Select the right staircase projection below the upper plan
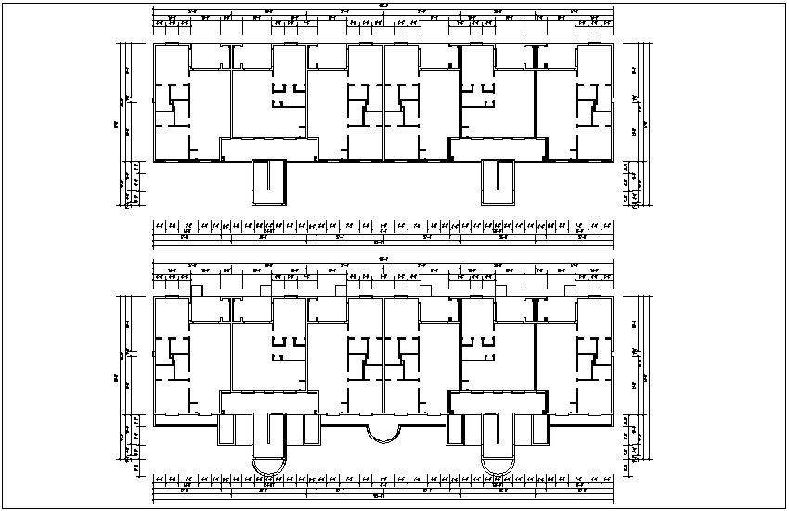[498, 182]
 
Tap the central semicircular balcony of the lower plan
[382, 433]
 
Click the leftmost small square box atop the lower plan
[197, 291]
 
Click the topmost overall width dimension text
[382, 7]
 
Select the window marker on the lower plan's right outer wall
[614, 352]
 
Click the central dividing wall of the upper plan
[382, 102]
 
